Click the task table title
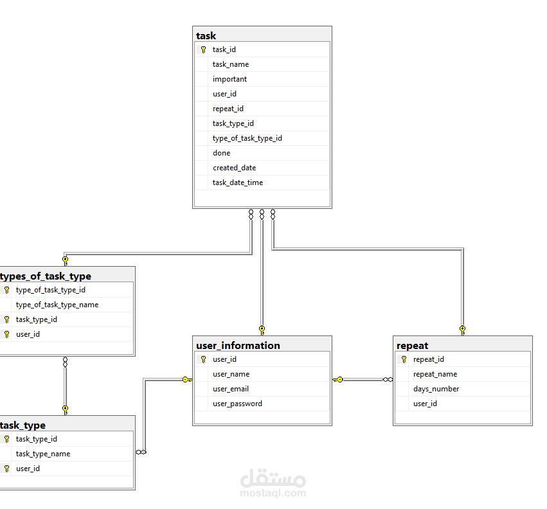pos(206,36)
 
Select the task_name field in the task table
pos(231,64)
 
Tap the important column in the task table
pos(229,79)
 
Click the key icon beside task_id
pos(203,49)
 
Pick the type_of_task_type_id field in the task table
pos(247,139)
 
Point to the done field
pos(222,153)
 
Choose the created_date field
pos(235,168)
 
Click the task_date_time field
pos(238,183)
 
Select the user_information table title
pos(238,346)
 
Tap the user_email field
pos(231,389)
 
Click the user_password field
pos(237,404)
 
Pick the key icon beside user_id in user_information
pos(203,359)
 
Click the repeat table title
pos(413,346)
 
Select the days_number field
pos(436,389)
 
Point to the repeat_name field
pos(435,374)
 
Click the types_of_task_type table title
pos(46,276)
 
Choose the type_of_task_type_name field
pos(57,305)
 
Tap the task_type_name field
pos(43,454)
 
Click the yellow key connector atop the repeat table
pos(463,330)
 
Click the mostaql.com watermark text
pos(273,493)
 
